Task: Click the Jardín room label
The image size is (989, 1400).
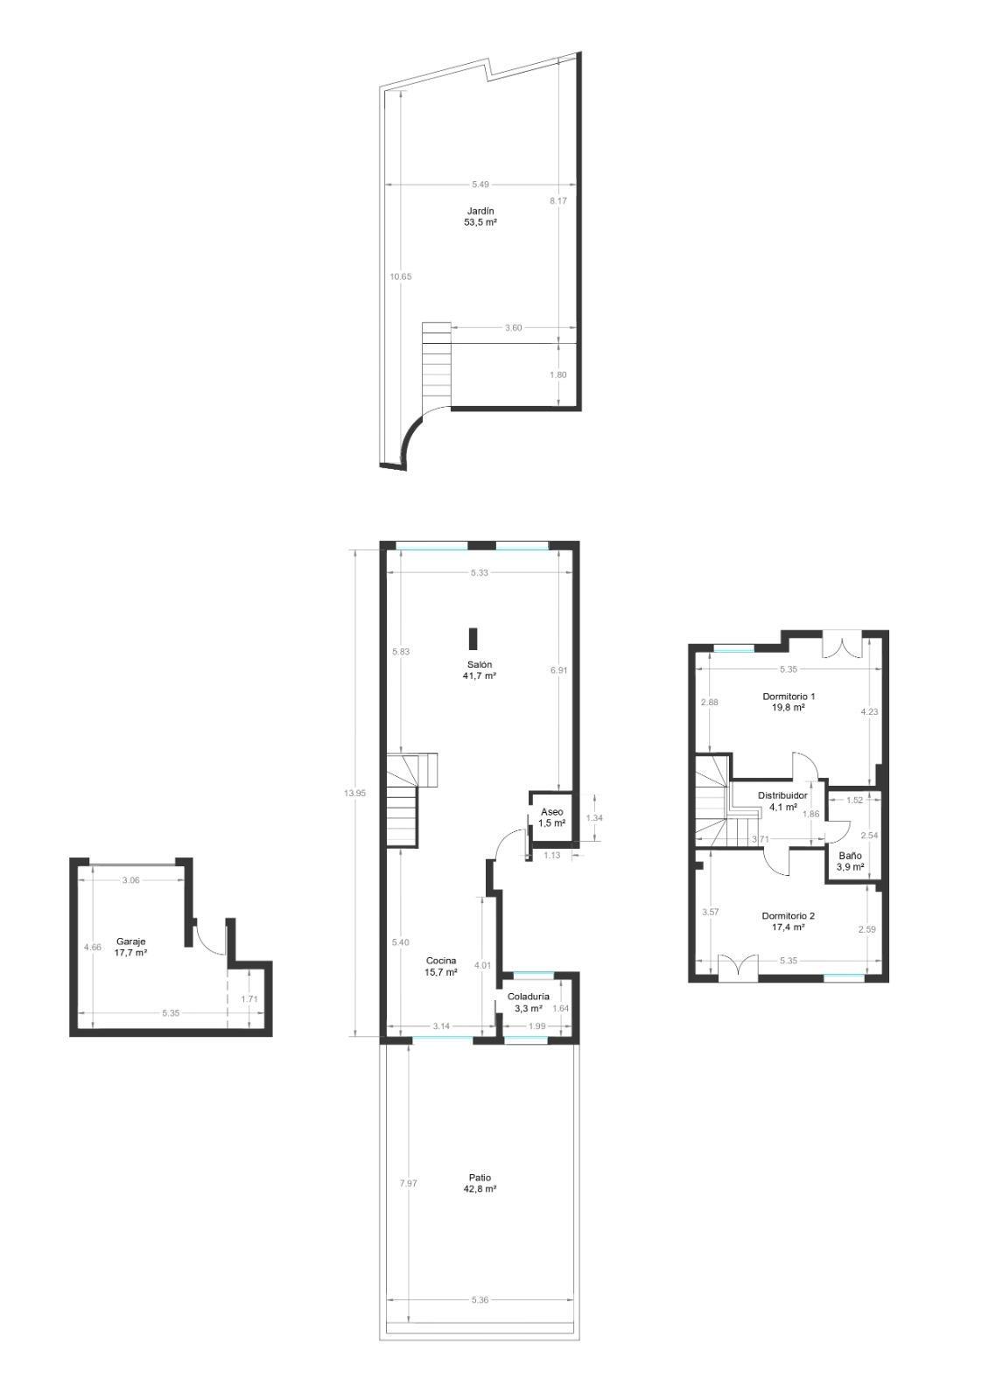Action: click(480, 211)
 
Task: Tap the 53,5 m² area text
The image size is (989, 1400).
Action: click(480, 223)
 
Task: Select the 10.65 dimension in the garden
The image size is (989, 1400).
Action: click(401, 276)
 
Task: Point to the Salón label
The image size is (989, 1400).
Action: click(480, 664)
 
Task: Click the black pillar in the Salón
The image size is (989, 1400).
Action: click(473, 639)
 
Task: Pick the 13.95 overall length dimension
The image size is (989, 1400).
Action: click(354, 793)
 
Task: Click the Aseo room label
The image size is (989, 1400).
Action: click(551, 812)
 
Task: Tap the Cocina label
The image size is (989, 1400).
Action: click(440, 960)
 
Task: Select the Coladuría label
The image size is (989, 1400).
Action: click(529, 997)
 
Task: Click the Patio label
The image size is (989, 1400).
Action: click(480, 1177)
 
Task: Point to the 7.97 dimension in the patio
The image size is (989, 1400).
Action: click(409, 1183)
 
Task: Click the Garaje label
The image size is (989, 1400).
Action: click(130, 941)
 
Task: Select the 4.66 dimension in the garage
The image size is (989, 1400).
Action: click(92, 947)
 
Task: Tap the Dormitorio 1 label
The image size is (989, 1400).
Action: click(789, 696)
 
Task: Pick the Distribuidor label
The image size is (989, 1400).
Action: click(782, 795)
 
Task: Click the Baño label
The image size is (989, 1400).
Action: click(850, 856)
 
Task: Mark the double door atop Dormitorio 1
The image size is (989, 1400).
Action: click(842, 647)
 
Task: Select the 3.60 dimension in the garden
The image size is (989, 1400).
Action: click(514, 328)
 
